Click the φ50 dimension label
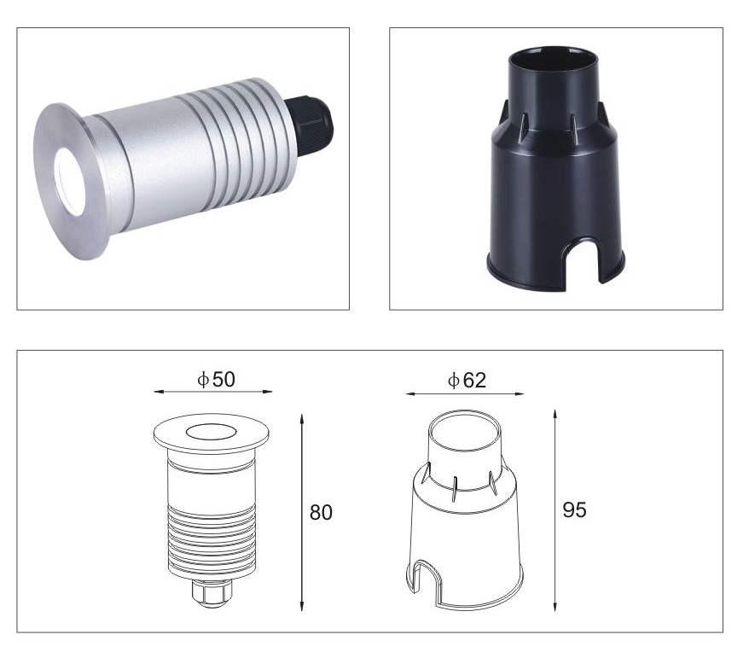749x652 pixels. pyautogui.click(x=217, y=379)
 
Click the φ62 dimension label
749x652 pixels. pyautogui.click(x=467, y=380)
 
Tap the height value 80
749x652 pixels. pyautogui.click(x=321, y=512)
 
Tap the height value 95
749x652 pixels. pyautogui.click(x=574, y=509)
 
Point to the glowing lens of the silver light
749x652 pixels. pyautogui.click(x=70, y=182)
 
